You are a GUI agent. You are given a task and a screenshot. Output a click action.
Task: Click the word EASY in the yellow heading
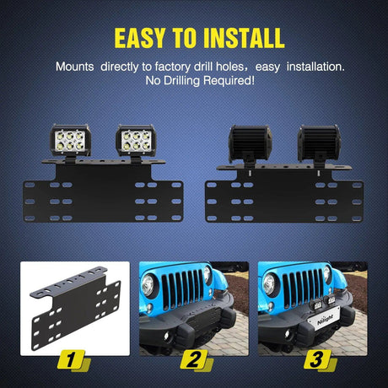pyautogui.click(x=139, y=38)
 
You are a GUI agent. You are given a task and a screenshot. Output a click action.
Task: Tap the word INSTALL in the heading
pyautogui.click(x=244, y=38)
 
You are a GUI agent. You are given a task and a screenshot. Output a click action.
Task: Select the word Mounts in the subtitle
pyautogui.click(x=75, y=67)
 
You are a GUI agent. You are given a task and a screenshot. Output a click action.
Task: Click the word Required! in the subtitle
pyautogui.click(x=229, y=81)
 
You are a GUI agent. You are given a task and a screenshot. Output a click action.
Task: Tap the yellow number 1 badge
pyautogui.click(x=73, y=360)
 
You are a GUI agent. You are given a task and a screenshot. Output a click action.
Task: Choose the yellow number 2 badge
pyautogui.click(x=196, y=360)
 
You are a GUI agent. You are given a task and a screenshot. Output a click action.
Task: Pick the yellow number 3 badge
pyautogui.click(x=320, y=360)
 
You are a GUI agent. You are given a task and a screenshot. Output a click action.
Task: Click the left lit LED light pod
pyautogui.click(x=70, y=141)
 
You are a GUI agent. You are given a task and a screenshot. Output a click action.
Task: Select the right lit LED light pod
pyautogui.click(x=136, y=141)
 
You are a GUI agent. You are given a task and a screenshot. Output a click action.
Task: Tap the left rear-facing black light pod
pyautogui.click(x=250, y=144)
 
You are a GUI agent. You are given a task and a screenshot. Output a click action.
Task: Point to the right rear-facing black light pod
pyautogui.click(x=319, y=144)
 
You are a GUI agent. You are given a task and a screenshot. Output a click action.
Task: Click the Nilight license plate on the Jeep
pyautogui.click(x=324, y=318)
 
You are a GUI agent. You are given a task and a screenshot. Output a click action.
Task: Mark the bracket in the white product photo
pyautogui.click(x=76, y=308)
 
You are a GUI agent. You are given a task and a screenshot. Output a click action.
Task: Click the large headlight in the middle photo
pyautogui.click(x=148, y=285)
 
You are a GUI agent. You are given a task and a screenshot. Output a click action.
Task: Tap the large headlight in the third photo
pyautogui.click(x=268, y=284)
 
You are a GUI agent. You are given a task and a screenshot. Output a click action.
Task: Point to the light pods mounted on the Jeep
pyautogui.click(x=323, y=302)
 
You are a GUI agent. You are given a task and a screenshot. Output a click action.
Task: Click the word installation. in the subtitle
pyautogui.click(x=315, y=67)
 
